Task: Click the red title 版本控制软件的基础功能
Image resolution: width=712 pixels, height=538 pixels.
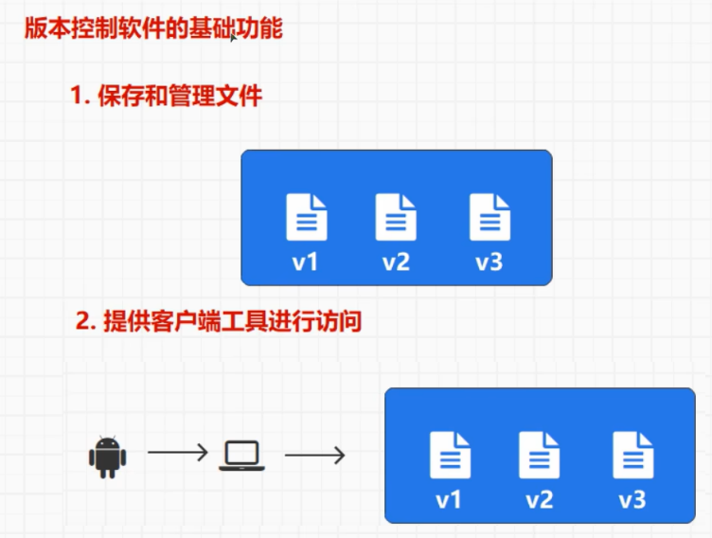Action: pos(152,28)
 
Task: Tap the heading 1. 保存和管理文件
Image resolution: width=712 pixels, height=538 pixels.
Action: pos(166,96)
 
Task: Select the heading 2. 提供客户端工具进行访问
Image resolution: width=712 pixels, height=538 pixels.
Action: pos(219,322)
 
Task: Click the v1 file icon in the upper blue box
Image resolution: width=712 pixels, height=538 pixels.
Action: pos(307,217)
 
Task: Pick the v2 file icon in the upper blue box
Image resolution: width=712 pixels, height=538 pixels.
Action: pos(396,217)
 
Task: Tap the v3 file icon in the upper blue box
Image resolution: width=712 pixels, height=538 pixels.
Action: pos(489,217)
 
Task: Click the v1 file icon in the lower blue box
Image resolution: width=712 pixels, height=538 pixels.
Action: pos(450,455)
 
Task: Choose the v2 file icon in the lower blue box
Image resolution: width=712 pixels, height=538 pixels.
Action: pos(540,455)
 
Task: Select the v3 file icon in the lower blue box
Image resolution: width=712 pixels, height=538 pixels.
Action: pos(632,455)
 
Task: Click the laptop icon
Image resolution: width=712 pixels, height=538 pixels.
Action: pos(241,456)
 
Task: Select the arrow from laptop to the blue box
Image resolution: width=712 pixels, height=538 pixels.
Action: pos(314,456)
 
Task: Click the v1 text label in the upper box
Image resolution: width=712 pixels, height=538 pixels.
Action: pos(305,261)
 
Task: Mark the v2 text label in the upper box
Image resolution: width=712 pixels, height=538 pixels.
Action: pos(396,261)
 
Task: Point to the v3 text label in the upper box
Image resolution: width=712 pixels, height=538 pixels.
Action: pos(489,261)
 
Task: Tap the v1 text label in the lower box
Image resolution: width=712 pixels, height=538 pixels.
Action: pos(449,499)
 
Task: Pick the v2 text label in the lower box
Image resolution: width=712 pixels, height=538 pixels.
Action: pos(540,499)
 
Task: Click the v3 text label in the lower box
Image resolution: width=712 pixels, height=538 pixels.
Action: pos(632,499)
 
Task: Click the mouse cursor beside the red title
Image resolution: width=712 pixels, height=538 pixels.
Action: pos(233,38)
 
